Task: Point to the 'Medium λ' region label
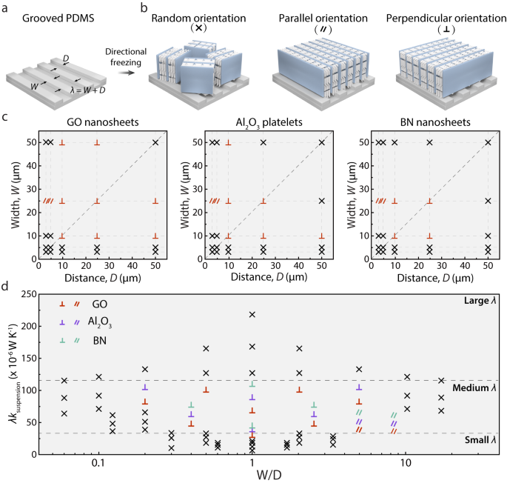(x=474, y=387)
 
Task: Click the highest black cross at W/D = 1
(x=252, y=314)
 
